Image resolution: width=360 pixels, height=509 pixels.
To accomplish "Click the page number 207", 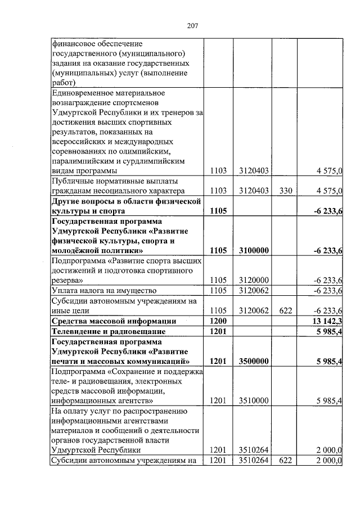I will (x=191, y=25).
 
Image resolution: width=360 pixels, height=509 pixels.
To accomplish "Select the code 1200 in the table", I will (x=218, y=321).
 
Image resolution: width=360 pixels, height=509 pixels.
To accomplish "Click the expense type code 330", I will (x=285, y=191).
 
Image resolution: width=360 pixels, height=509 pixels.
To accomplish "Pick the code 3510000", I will (x=253, y=400).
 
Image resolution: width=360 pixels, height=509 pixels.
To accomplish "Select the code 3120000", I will (x=253, y=280).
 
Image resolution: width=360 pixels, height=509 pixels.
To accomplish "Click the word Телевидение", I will (x=75, y=331).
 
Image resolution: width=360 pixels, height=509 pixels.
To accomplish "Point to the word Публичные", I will (x=71, y=181).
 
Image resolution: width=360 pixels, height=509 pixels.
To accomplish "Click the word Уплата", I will (x=65, y=290).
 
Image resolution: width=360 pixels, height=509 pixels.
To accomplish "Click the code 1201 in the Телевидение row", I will (x=218, y=331).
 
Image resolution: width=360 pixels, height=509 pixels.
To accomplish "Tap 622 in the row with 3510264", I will (x=285, y=461).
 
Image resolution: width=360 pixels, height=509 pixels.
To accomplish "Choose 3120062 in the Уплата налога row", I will (x=253, y=290).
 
